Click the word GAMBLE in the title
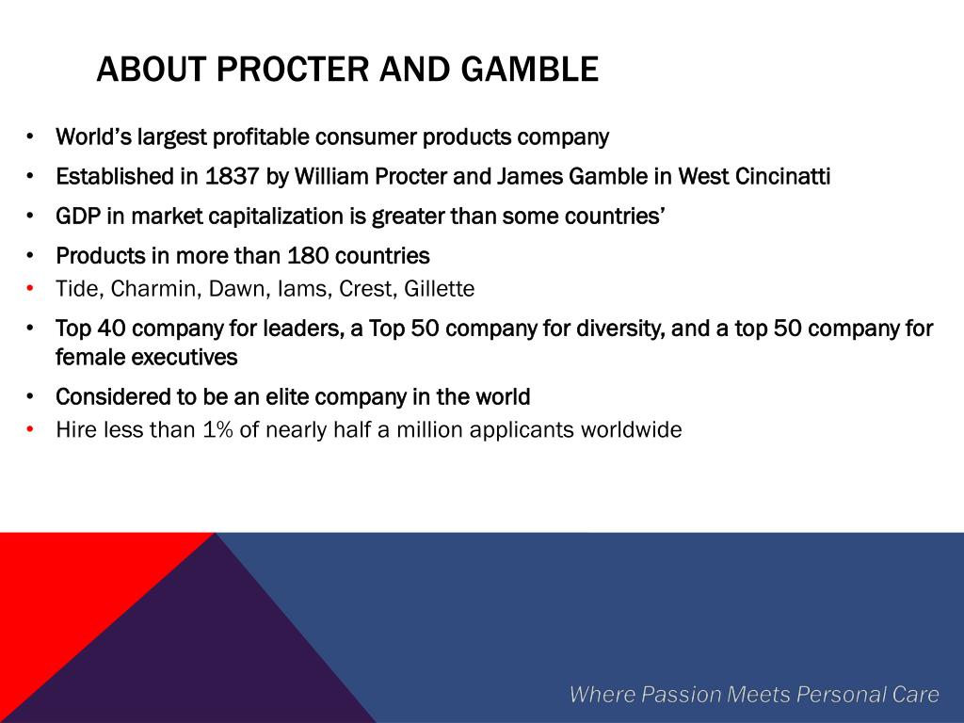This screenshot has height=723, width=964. pos(529,69)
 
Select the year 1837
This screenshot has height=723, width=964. pos(232,176)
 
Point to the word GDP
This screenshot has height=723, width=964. pos(78,217)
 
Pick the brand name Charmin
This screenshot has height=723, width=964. pos(156,288)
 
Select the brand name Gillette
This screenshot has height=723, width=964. pos(439,288)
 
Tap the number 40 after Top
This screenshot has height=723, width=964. pos(111,329)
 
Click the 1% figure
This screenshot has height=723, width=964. pos(218,429)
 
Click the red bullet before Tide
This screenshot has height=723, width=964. pos(29,289)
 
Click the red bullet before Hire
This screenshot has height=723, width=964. pos(29,429)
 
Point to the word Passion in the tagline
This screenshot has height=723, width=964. pos(681,694)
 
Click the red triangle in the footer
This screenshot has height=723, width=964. pos(61,590)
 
